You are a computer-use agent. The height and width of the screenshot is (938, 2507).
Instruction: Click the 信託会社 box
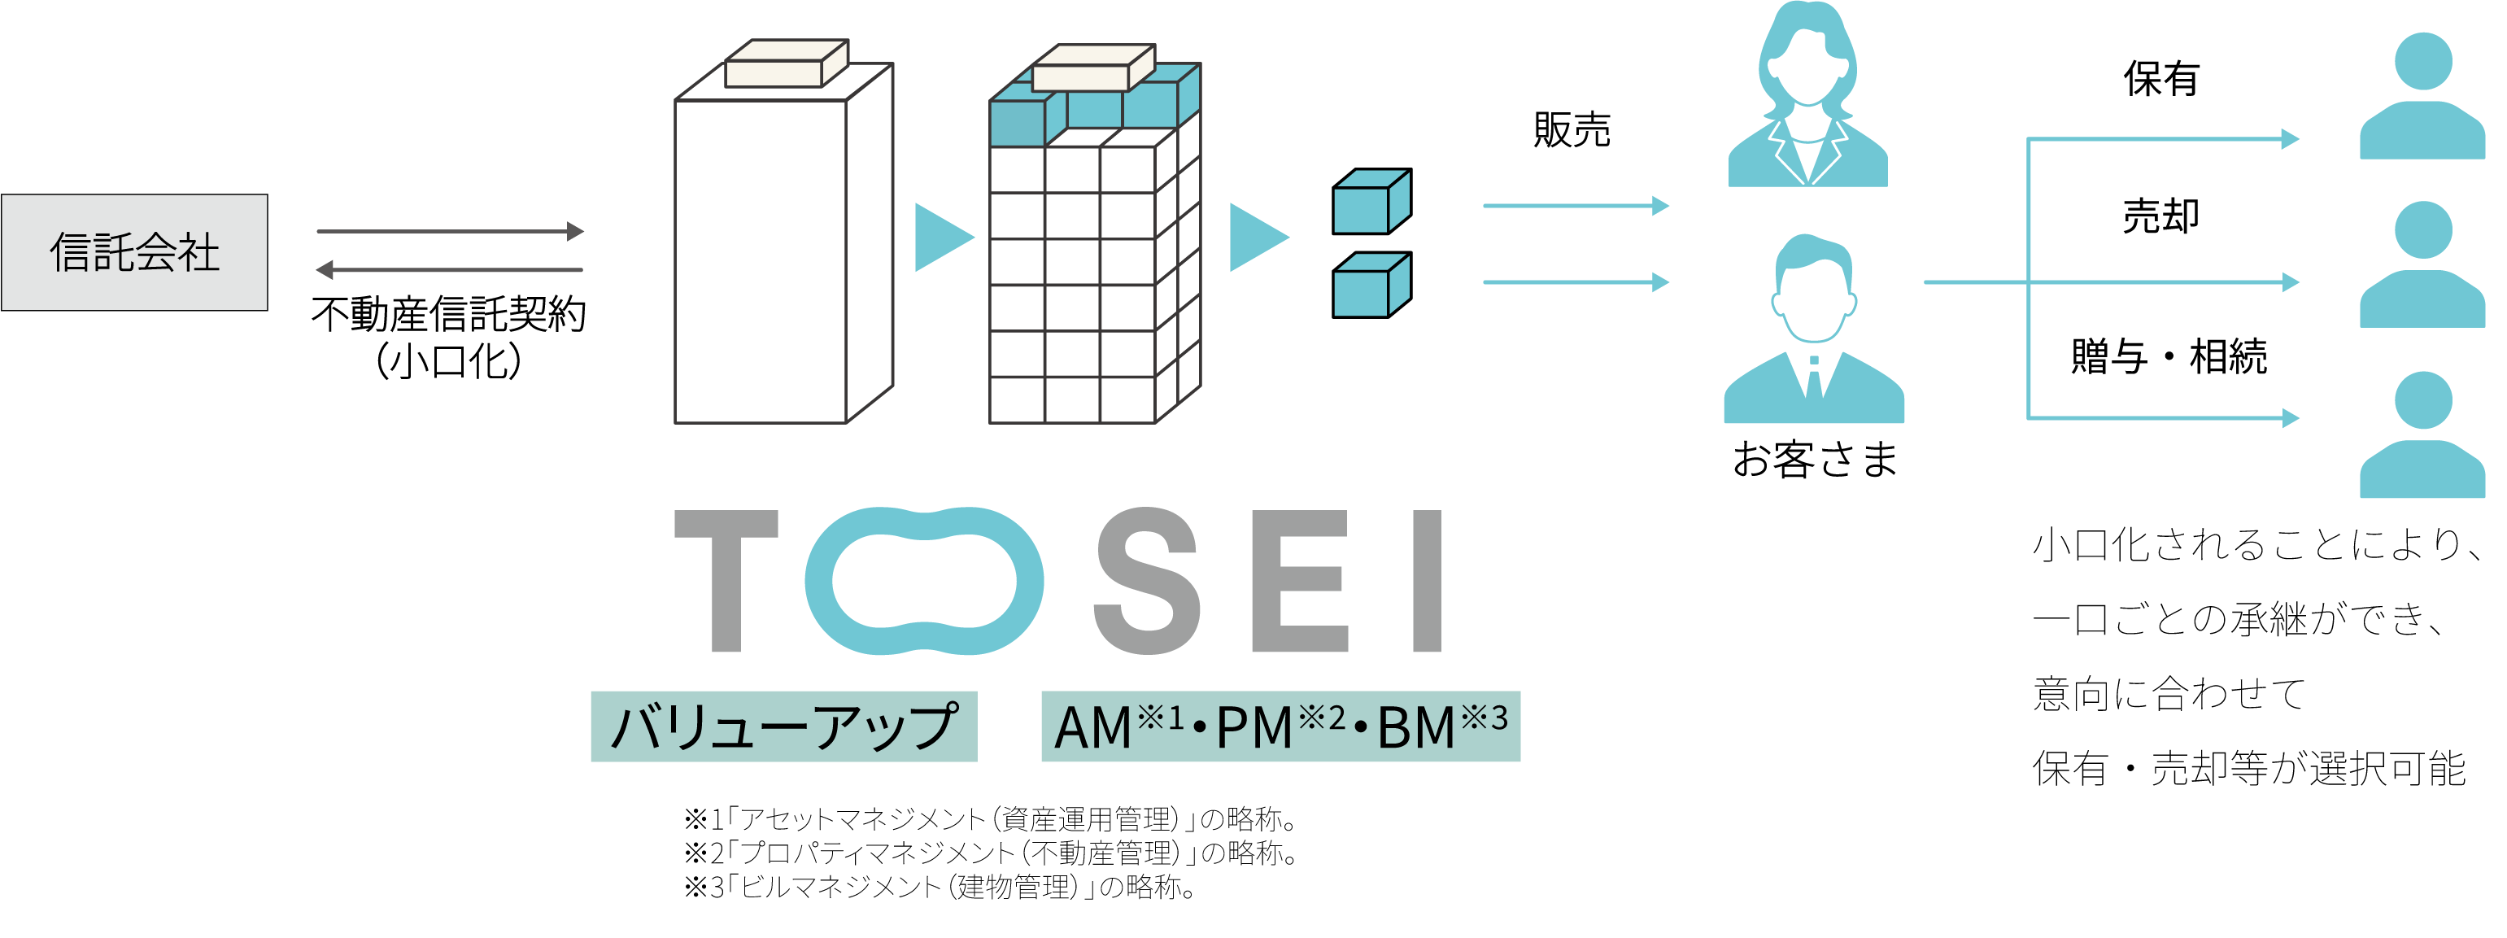click(134, 252)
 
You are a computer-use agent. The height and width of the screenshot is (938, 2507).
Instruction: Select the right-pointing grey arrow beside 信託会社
click(450, 232)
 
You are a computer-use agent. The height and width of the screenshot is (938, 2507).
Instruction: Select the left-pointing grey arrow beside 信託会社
click(450, 269)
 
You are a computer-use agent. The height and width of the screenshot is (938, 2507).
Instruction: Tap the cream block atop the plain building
click(787, 64)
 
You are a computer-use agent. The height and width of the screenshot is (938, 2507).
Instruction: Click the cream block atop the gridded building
click(1093, 68)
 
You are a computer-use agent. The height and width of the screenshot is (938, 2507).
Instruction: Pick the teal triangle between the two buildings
click(941, 238)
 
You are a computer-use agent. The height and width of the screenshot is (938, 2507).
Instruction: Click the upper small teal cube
click(1371, 203)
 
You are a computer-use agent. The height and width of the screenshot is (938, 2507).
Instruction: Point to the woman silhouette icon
click(1807, 98)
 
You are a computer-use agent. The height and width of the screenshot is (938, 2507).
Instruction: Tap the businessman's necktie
click(1814, 374)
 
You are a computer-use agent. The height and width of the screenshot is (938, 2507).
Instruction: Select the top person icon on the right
click(2422, 98)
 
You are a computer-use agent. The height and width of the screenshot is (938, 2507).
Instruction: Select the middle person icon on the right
click(2422, 266)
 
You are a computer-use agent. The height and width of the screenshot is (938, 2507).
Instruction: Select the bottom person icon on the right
click(2422, 436)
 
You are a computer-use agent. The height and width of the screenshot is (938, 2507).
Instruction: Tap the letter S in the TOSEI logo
click(1146, 580)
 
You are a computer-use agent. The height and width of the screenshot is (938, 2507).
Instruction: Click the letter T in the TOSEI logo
click(727, 580)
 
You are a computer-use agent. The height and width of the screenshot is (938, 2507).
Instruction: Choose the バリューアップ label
click(783, 726)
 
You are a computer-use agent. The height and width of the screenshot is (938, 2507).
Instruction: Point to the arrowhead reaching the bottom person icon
click(2290, 418)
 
